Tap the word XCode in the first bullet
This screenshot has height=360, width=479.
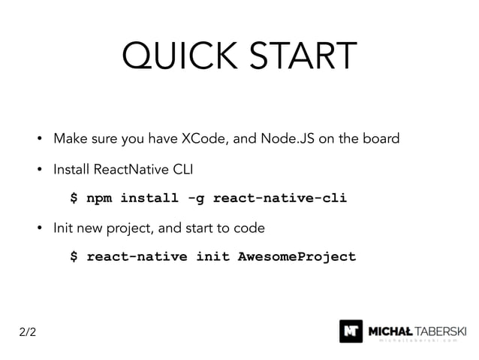tap(201, 139)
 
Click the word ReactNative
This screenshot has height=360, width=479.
tap(124, 170)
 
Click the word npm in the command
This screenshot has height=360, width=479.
tap(99, 199)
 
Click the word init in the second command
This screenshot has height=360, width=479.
tap(212, 257)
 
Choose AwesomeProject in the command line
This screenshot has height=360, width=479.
tap(297, 257)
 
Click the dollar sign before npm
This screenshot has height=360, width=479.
tap(74, 199)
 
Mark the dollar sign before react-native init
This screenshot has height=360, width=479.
tap(74, 257)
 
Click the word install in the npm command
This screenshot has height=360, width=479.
tap(149, 199)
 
